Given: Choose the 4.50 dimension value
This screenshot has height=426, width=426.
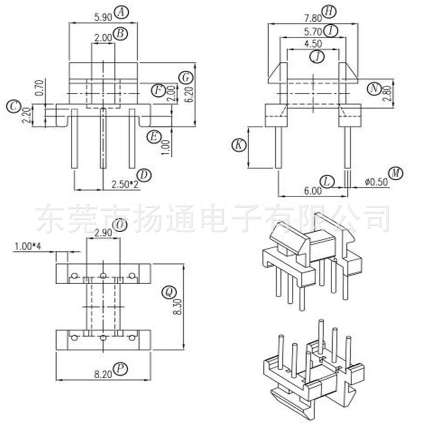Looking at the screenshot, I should pyautogui.click(x=313, y=43).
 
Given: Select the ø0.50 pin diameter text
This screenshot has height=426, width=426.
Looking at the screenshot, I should pyautogui.click(x=376, y=181).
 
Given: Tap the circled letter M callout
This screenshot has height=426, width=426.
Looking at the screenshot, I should pyautogui.click(x=397, y=173).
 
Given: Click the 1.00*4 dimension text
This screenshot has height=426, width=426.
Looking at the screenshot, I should pyautogui.click(x=28, y=246).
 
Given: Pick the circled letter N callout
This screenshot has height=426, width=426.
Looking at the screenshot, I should pyautogui.click(x=374, y=89).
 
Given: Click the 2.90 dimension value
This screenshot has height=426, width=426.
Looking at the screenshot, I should pyautogui.click(x=104, y=233).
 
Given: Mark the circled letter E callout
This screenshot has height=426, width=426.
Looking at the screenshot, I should pyautogui.click(x=153, y=137).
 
